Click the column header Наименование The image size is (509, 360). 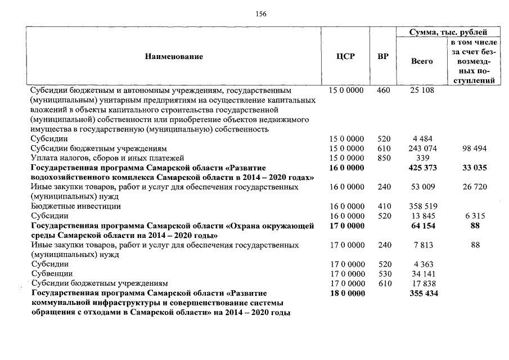pos(174,56)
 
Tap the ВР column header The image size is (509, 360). pos(382,56)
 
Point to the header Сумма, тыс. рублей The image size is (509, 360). pos(448,33)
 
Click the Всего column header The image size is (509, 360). pos(422,61)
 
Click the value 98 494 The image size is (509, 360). pos(475,148)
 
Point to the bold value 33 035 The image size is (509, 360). pos(475,168)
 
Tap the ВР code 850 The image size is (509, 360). pos(383,158)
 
